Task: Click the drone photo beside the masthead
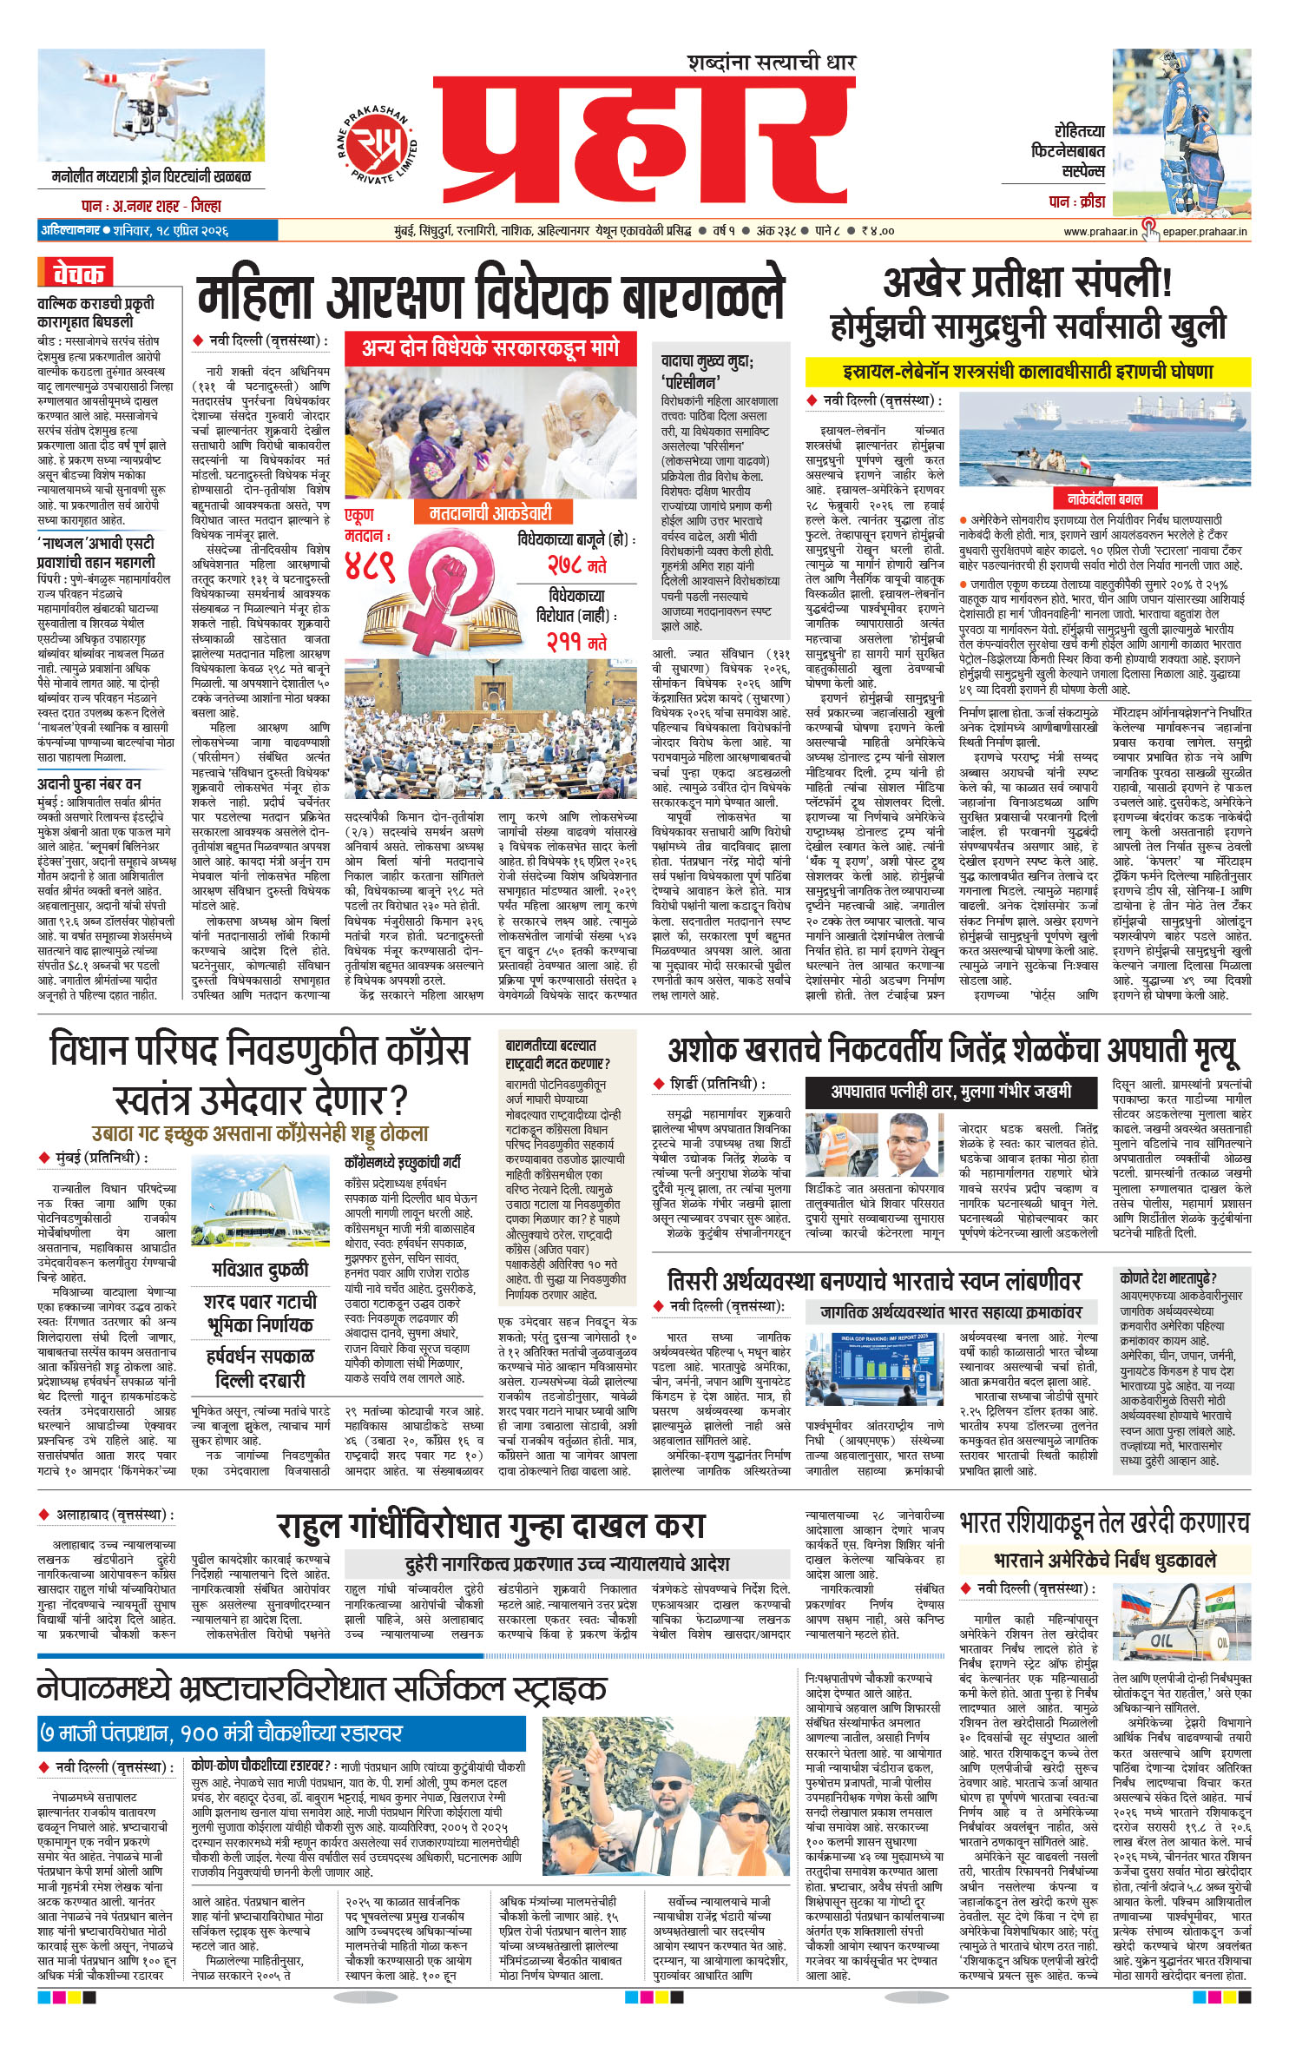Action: pyautogui.click(x=153, y=105)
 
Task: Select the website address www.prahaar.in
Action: pyautogui.click(x=1100, y=231)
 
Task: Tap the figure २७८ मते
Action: pyautogui.click(x=576, y=565)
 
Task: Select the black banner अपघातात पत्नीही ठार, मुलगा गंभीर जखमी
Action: pyautogui.click(x=950, y=1091)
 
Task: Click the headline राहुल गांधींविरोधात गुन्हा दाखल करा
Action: pyautogui.click(x=490, y=1526)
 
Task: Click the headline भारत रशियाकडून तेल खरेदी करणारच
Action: pyautogui.click(x=1104, y=1522)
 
